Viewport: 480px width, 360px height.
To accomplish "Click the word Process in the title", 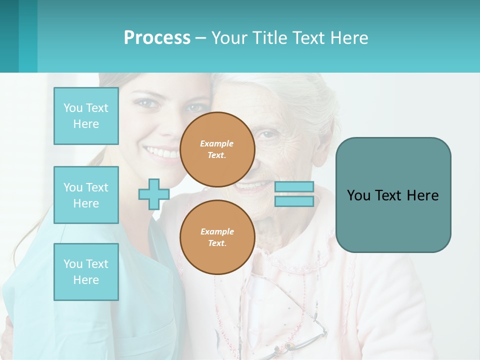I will [157, 38].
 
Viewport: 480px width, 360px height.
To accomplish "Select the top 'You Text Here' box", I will [86, 116].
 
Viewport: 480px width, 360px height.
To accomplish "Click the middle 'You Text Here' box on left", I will [86, 195].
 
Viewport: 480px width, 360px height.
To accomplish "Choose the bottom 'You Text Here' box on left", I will [86, 272].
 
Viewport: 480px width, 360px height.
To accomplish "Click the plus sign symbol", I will [154, 194].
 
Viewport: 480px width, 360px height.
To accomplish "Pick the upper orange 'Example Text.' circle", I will [217, 149].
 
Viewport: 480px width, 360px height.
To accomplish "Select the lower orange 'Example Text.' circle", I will [217, 237].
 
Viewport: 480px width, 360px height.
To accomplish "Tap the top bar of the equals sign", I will [294, 187].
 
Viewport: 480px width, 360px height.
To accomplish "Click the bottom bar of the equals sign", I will [294, 201].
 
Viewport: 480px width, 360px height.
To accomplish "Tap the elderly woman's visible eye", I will [268, 134].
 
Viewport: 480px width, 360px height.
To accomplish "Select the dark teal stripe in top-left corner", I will [9, 36].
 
